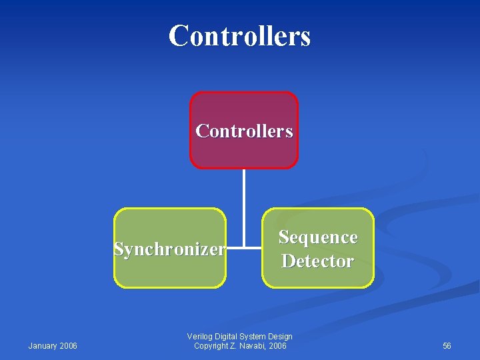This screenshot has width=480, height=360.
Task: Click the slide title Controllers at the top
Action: [x=239, y=35]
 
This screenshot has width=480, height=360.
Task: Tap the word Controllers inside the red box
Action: [x=244, y=131]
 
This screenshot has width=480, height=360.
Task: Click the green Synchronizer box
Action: [x=170, y=273]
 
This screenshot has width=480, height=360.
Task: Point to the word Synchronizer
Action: [x=169, y=249]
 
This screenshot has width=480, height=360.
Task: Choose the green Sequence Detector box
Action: [x=317, y=277]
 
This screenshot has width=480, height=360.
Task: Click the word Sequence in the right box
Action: [x=318, y=237]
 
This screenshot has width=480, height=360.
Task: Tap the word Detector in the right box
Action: [x=317, y=261]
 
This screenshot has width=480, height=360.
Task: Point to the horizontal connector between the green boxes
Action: [x=244, y=249]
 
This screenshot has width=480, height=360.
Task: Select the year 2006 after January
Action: [x=68, y=345]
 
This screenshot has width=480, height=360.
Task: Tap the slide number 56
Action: [x=447, y=345]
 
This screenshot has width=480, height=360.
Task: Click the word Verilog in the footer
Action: [x=199, y=336]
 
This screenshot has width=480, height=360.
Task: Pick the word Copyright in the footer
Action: [x=209, y=345]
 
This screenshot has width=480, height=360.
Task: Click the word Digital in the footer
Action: [x=226, y=336]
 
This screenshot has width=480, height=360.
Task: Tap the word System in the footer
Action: [x=253, y=336]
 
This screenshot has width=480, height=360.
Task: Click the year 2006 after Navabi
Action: [x=278, y=345]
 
